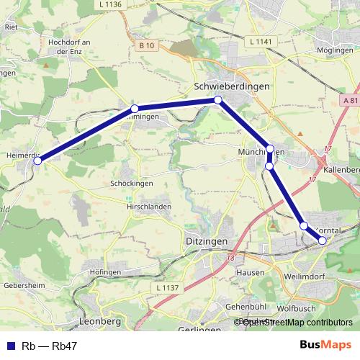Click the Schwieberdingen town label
point(232,86)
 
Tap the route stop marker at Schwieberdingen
point(217,100)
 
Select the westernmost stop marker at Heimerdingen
point(37,161)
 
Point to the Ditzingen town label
point(206,240)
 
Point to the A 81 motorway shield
point(351,101)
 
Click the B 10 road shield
point(147,45)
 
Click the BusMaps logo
point(325,345)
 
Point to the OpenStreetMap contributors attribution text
point(297,323)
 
